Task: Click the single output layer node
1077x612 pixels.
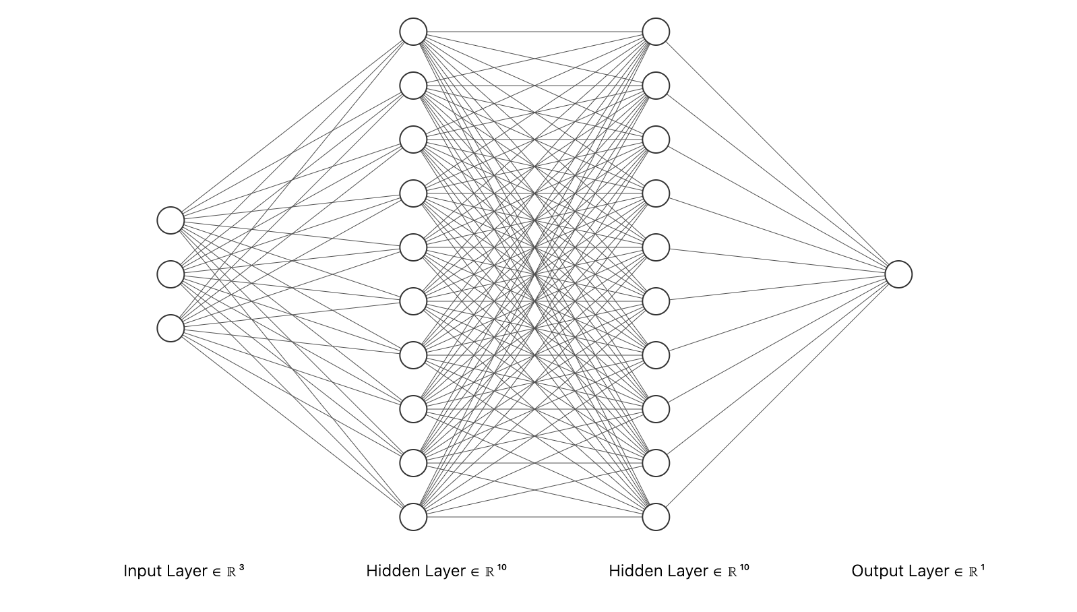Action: tap(898, 274)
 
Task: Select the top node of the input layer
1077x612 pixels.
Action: tap(171, 220)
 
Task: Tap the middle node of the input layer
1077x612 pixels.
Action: tap(171, 274)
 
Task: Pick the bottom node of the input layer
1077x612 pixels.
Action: tap(171, 328)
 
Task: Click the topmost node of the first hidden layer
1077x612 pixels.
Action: tap(414, 32)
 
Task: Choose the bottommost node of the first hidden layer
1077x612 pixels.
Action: tap(414, 517)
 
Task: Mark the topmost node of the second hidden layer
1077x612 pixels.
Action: tap(656, 32)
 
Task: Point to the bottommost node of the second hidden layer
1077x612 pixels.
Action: tap(656, 517)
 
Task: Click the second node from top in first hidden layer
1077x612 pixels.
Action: tap(414, 86)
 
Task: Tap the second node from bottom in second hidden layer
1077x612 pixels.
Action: tap(656, 464)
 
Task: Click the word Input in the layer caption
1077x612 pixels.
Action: tap(142, 571)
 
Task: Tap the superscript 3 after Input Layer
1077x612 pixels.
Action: tap(242, 568)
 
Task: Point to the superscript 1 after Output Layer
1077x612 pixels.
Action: tap(983, 568)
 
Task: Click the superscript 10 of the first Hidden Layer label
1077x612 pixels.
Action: tap(501, 568)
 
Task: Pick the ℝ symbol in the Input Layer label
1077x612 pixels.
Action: tap(231, 572)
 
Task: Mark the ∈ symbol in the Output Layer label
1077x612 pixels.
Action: tap(959, 572)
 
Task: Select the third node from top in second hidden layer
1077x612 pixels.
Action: tap(656, 140)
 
